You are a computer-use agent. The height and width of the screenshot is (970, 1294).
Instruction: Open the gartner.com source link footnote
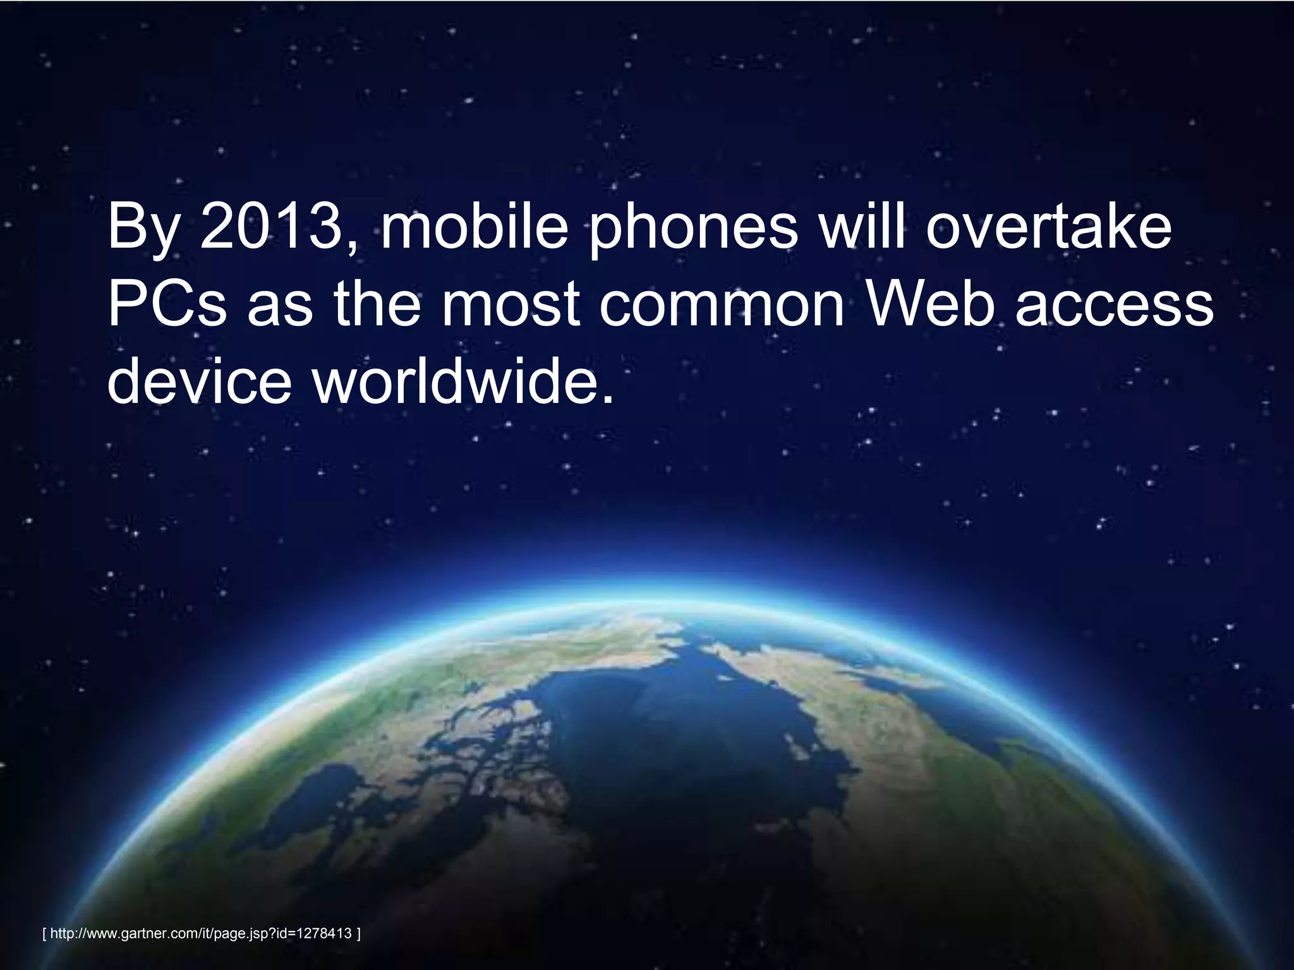click(x=200, y=933)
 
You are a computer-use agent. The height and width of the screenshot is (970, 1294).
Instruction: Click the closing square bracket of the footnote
click(x=358, y=933)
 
